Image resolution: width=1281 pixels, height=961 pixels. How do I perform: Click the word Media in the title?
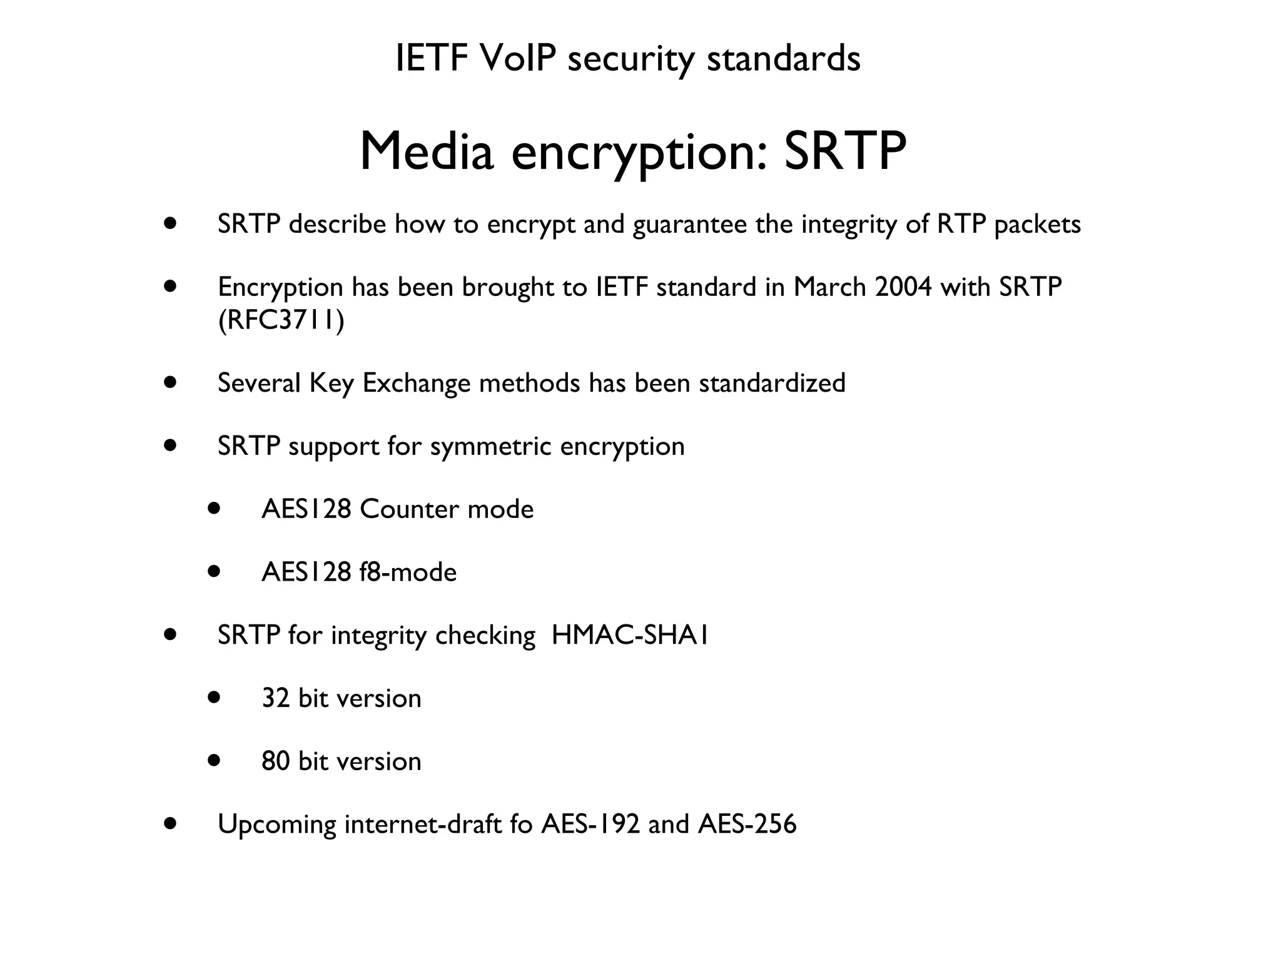[x=427, y=152]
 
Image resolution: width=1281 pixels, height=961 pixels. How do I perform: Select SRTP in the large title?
[x=844, y=152]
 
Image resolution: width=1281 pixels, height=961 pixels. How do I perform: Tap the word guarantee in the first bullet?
[x=690, y=225]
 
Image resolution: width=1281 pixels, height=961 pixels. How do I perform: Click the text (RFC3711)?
[x=281, y=320]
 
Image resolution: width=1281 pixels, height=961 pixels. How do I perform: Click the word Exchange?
[x=416, y=383]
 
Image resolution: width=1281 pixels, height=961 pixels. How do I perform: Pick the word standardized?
[x=772, y=383]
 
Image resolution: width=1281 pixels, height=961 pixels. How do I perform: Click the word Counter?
[x=409, y=509]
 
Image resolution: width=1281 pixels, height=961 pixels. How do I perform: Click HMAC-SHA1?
[x=630, y=635]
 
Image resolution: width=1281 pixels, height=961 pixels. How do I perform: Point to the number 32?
[x=275, y=698]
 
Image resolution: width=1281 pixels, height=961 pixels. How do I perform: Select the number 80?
[x=275, y=761]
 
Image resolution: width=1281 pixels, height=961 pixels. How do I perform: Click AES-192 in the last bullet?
[x=590, y=824]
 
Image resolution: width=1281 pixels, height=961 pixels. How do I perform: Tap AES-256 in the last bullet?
[x=747, y=824]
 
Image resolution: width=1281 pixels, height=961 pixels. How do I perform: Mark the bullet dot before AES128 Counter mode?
[x=215, y=509]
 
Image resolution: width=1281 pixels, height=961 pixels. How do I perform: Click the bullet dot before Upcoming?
[x=170, y=823]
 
